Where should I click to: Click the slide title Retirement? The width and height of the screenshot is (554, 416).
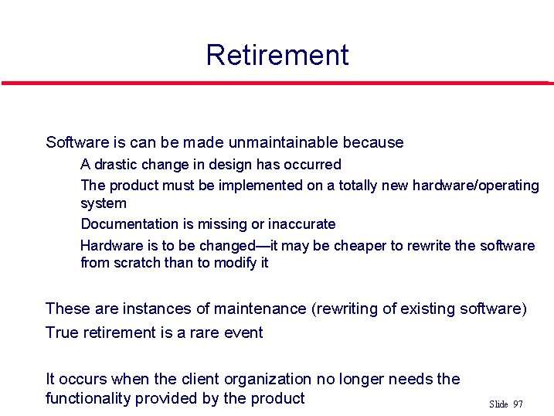click(x=277, y=55)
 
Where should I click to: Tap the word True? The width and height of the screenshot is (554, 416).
click(x=63, y=332)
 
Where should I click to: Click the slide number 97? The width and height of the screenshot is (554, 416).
click(x=518, y=404)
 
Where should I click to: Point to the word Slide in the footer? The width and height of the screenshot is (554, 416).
click(x=498, y=404)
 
